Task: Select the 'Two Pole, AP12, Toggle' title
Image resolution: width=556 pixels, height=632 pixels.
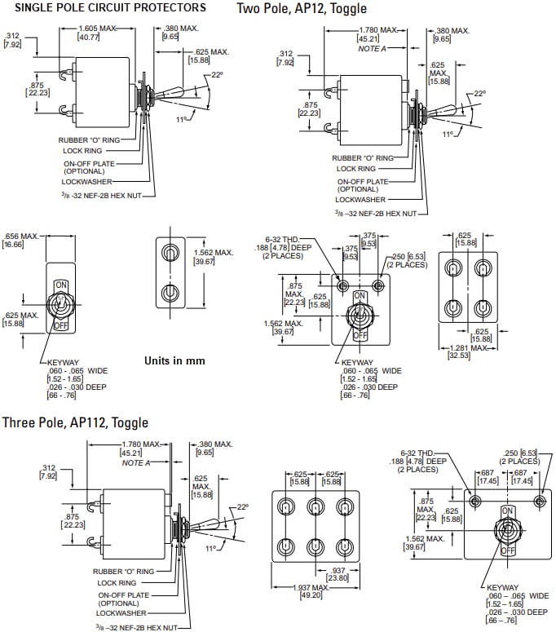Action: pyautogui.click(x=302, y=9)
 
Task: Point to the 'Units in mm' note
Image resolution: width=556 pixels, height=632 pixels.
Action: pyautogui.click(x=174, y=360)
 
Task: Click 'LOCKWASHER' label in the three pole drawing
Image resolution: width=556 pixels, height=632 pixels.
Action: pyautogui.click(x=118, y=612)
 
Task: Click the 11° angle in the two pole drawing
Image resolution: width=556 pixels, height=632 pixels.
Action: pyautogui.click(x=448, y=134)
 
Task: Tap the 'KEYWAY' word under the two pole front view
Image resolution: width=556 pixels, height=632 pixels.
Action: pyautogui.click(x=357, y=363)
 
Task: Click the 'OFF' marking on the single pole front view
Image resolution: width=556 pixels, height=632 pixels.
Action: pyautogui.click(x=60, y=325)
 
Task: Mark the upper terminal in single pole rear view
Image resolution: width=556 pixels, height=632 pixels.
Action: pyautogui.click(x=170, y=251)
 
